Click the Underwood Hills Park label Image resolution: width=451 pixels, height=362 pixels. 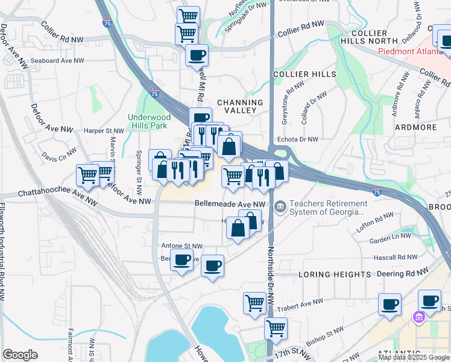pyautogui.click(x=148, y=122)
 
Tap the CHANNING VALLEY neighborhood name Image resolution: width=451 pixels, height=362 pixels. pyautogui.click(x=241, y=107)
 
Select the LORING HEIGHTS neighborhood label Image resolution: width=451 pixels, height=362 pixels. pyautogui.click(x=335, y=275)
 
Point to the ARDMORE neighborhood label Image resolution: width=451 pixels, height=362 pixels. pyautogui.click(x=415, y=127)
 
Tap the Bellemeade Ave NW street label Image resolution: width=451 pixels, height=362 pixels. pyautogui.click(x=230, y=205)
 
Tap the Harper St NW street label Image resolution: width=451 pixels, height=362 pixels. pyautogui.click(x=103, y=130)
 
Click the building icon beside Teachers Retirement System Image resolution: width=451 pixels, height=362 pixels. pyautogui.click(x=280, y=207)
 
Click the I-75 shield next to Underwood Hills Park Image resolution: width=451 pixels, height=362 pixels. pyautogui.click(x=156, y=94)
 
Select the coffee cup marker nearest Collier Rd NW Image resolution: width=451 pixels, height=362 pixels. pyautogui.click(x=197, y=56)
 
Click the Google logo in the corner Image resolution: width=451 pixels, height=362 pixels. pyautogui.click(x=20, y=355)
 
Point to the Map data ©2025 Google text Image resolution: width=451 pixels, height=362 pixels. pyautogui.click(x=414, y=357)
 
